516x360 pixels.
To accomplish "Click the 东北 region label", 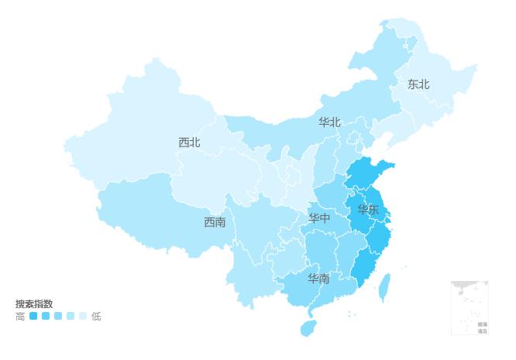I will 418,84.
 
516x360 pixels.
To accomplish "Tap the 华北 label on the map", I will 329,122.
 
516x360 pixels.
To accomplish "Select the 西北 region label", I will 189,142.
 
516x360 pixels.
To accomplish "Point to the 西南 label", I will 215,222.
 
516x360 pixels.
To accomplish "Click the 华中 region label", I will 319,218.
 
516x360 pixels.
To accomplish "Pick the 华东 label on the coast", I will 368,210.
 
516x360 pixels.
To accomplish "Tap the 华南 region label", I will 318,278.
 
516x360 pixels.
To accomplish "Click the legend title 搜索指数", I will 34,303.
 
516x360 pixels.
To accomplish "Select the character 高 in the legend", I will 20,316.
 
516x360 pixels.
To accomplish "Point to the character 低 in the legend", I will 96,316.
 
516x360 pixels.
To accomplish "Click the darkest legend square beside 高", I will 33,316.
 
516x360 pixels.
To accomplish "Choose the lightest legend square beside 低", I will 83,316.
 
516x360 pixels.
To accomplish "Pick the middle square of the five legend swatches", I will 58,316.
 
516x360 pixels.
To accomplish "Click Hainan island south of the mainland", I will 308,327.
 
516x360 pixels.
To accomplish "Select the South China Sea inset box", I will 470,307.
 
